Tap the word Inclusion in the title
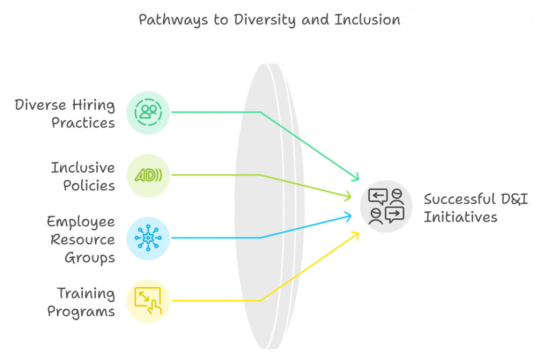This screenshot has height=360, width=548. pyautogui.click(x=367, y=20)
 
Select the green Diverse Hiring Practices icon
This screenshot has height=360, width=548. pyautogui.click(x=148, y=112)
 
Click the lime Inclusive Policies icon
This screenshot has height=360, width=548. pyautogui.click(x=148, y=175)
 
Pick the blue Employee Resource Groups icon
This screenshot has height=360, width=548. pyautogui.click(x=148, y=238)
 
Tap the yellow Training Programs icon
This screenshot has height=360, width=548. pyautogui.click(x=148, y=301)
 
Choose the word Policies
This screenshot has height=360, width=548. pyautogui.click(x=89, y=186)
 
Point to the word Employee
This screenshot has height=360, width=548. pyautogui.click(x=81, y=222)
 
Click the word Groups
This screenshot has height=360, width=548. pyautogui.click(x=90, y=258)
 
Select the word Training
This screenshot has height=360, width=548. pyautogui.click(x=86, y=293)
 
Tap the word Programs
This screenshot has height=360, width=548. pyautogui.click(x=81, y=311)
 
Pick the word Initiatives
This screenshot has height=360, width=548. pyautogui.click(x=460, y=217)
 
